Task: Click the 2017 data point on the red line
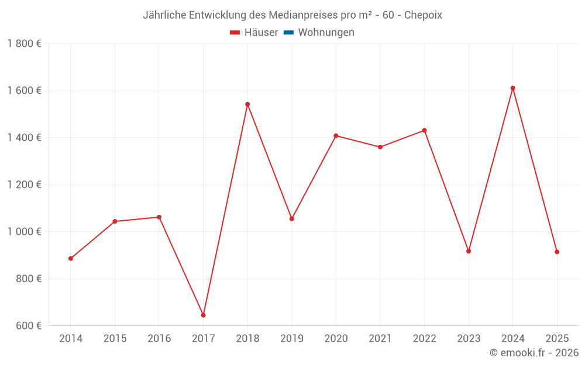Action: click(203, 315)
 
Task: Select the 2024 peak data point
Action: click(512, 88)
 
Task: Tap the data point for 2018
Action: click(247, 105)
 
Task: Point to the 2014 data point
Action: click(71, 259)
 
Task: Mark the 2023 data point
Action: click(469, 251)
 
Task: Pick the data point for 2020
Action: click(336, 135)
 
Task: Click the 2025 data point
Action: click(557, 252)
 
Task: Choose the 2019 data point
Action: click(292, 219)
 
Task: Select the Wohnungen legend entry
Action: click(326, 33)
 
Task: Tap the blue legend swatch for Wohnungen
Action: click(288, 33)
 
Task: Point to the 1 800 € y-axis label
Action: click(24, 44)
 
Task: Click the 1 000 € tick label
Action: click(24, 232)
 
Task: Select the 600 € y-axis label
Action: click(27, 326)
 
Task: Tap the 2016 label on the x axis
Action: click(159, 339)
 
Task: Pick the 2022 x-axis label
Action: click(424, 339)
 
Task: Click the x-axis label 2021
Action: click(380, 339)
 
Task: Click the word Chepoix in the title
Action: click(423, 15)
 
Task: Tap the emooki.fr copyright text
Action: click(534, 353)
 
